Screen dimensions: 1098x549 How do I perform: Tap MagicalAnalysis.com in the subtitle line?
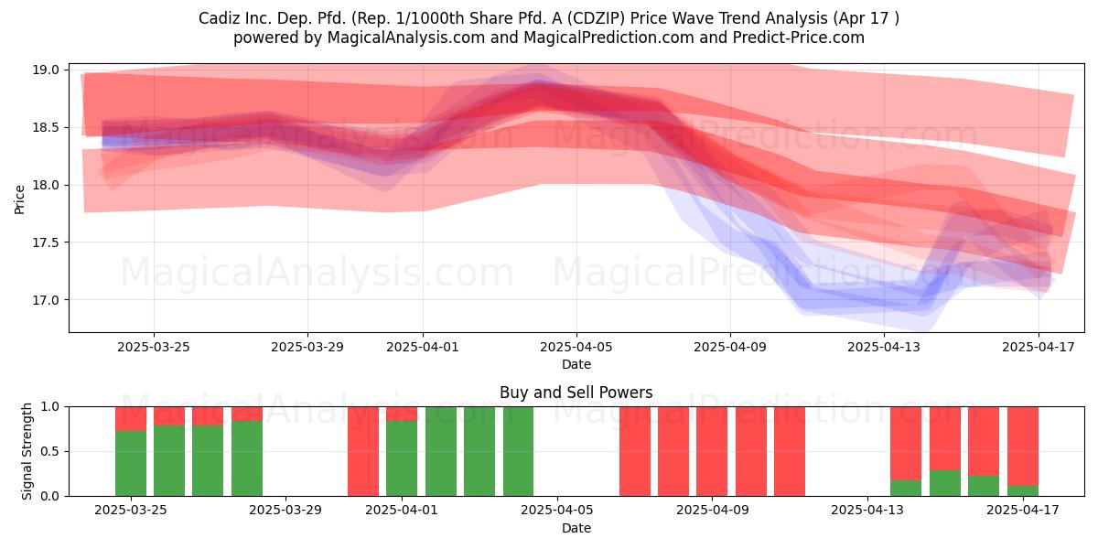[x=406, y=38]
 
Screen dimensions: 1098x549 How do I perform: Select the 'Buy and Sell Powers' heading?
[x=576, y=393]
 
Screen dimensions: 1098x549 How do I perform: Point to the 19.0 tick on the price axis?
[x=46, y=70]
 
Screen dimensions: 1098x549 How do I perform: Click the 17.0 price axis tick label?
[x=46, y=300]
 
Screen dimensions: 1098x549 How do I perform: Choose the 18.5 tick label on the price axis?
[x=46, y=127]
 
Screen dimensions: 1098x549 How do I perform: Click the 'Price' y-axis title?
[x=19, y=199]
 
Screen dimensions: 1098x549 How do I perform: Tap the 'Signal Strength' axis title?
[x=27, y=451]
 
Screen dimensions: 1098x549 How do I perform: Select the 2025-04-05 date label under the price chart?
[x=576, y=347]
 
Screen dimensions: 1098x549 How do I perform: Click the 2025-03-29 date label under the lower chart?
[x=285, y=511]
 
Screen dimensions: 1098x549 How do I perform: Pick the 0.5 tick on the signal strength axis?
[x=49, y=451]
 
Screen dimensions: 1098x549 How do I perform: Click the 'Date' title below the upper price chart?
[x=576, y=365]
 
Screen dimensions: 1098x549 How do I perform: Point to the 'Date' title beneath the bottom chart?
[x=576, y=529]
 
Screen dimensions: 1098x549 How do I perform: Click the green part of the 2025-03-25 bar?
[x=131, y=463]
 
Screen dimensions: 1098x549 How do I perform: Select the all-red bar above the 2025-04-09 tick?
[x=712, y=451]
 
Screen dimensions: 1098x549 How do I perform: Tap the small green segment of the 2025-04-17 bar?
[x=1023, y=490]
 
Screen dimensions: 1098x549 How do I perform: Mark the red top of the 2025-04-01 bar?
[x=402, y=414]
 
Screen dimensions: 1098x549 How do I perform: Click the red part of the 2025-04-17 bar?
[x=1023, y=447]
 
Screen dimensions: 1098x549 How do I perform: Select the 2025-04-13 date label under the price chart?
[x=884, y=347]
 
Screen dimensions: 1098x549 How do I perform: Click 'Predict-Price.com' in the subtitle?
[x=799, y=38]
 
